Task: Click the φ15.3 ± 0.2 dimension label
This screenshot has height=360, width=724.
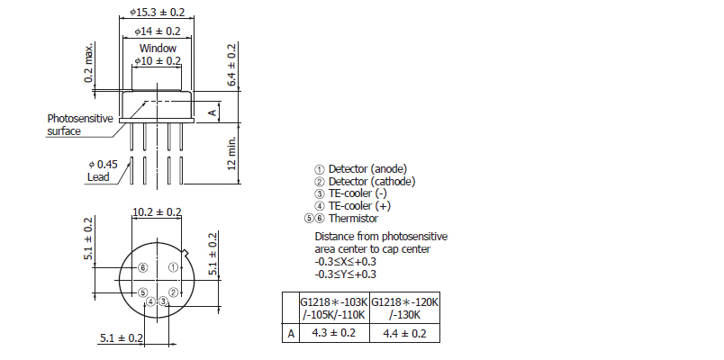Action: pos(157,12)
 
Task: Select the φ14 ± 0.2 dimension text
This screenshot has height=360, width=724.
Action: pos(158,31)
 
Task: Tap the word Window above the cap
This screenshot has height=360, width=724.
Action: pos(158,48)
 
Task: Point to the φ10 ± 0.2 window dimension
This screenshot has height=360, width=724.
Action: pos(158,60)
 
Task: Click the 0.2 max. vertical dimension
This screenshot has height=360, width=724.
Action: pos(88,62)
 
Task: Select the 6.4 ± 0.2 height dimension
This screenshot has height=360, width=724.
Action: pos(231,65)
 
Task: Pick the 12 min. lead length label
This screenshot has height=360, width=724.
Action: pos(231,153)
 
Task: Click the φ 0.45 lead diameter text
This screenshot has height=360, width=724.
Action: pos(103,165)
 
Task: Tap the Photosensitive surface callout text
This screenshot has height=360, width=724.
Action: pos(79,124)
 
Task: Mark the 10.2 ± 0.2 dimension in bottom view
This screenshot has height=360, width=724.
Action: pos(157,212)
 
